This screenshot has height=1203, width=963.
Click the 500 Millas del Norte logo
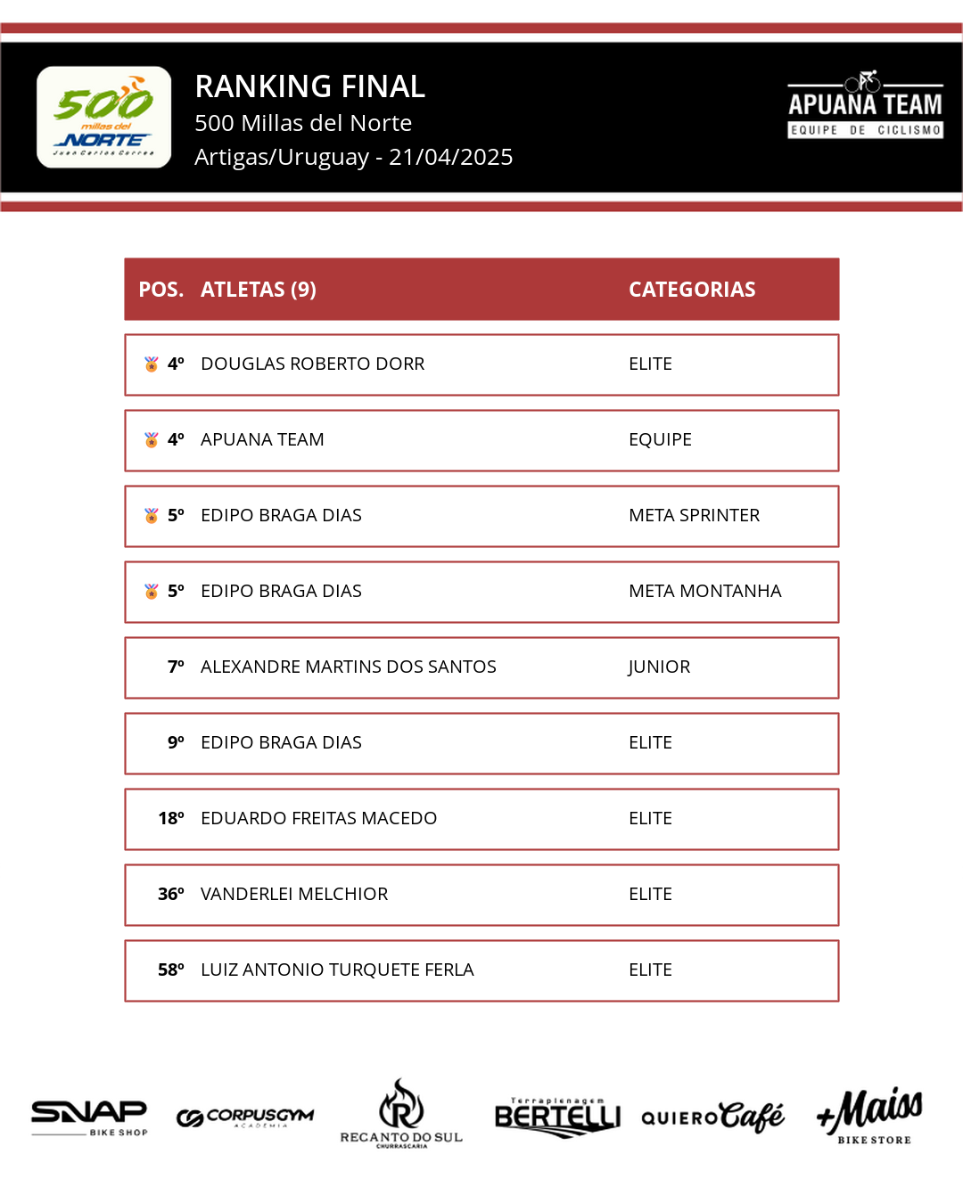pos(103,117)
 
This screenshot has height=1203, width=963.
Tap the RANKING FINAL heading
pos(309,86)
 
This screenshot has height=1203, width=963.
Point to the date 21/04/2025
pos(450,157)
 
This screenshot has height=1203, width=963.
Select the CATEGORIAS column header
pos(692,290)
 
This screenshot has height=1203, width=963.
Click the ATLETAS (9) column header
pos(259,290)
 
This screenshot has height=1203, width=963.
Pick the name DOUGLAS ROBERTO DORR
pos(312,364)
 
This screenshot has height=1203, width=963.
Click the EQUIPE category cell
pos(660,439)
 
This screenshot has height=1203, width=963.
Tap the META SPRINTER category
pos(694,515)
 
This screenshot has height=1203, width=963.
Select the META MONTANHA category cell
pos(704,591)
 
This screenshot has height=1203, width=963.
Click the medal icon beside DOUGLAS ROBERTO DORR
pos(152,364)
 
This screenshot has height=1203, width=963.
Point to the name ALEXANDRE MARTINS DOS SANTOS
pos(348,667)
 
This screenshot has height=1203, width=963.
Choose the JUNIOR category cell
pos(659,667)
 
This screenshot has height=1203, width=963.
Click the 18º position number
pos(171,818)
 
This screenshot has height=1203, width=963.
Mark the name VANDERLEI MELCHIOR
pos(294,894)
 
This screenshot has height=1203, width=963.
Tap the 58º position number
pos(171,970)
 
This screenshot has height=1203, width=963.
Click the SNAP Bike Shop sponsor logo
pos(89,1117)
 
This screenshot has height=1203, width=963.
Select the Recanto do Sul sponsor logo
pos(401,1114)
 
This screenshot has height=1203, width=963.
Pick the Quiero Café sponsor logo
pos(712,1117)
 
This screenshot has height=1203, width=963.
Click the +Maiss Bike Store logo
pos(870,1116)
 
